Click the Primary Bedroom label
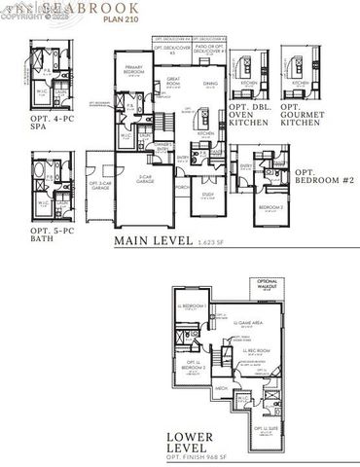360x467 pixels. point(134,69)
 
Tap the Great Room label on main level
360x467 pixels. point(176,80)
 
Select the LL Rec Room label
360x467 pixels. point(256,350)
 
